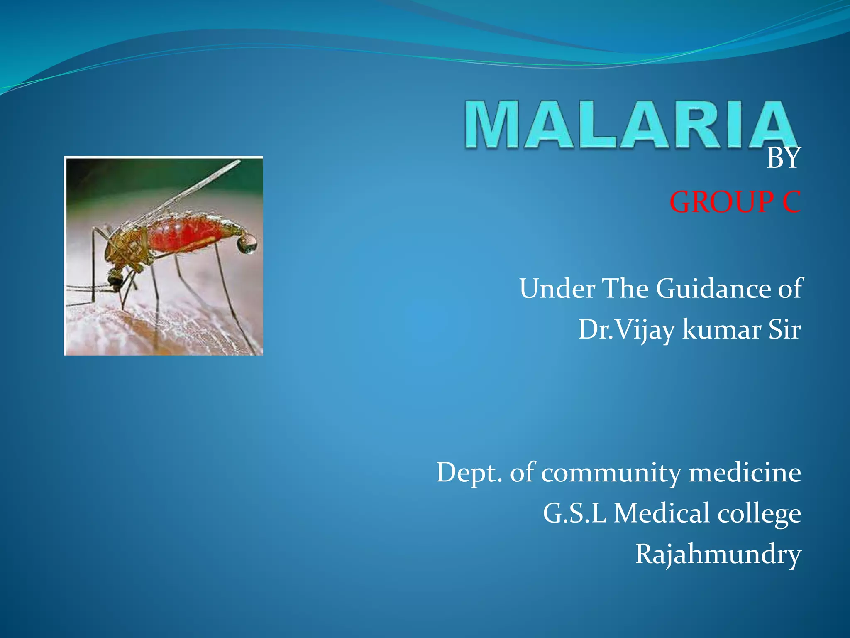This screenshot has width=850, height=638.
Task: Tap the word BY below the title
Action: (x=783, y=159)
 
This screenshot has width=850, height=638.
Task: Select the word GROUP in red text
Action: (x=721, y=202)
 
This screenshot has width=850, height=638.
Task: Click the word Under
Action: (x=557, y=288)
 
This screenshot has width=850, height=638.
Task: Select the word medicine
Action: (x=745, y=473)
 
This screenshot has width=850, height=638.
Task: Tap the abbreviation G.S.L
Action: (x=574, y=513)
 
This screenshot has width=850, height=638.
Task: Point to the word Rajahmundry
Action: (x=718, y=555)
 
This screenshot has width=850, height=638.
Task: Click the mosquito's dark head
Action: (x=115, y=279)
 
